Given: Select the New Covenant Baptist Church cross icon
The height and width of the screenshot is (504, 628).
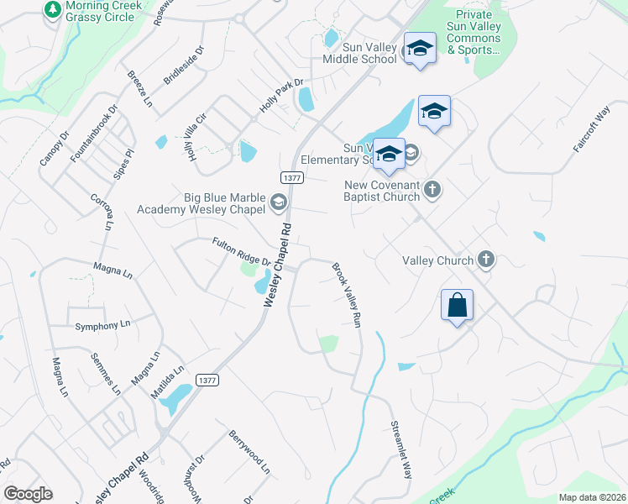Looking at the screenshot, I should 432,189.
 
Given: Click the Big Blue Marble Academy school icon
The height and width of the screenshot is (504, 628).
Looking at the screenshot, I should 277,202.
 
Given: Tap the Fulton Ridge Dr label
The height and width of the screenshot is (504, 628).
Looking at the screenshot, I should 241,251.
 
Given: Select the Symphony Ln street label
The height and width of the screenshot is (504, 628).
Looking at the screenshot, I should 102,325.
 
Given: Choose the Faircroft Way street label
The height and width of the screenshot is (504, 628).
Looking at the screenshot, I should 592,129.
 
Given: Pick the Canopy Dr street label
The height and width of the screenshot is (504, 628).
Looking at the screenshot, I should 51,149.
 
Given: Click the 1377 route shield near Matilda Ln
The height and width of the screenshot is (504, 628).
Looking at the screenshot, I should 209,380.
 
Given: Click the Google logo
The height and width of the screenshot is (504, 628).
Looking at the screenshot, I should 28,494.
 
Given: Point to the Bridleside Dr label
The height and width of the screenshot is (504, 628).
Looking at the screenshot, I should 184,67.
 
